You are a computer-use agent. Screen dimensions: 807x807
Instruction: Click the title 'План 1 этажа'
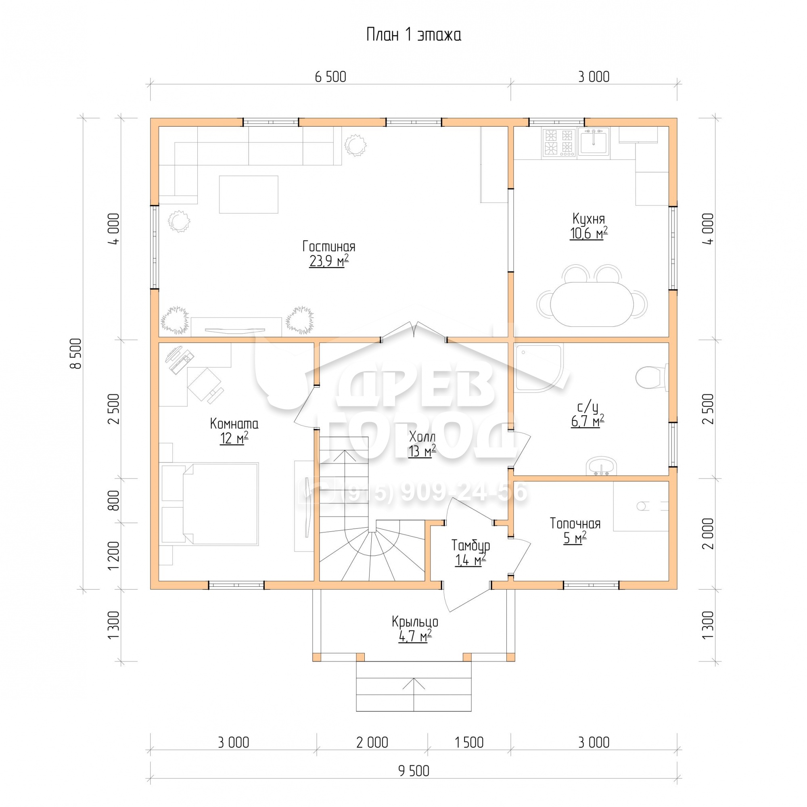pyautogui.click(x=414, y=35)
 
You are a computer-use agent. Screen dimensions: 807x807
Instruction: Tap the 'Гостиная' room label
pyautogui.click(x=329, y=246)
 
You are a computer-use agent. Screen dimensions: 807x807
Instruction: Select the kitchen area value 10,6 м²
pyautogui.click(x=589, y=233)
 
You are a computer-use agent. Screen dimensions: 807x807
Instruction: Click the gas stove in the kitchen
pyautogui.click(x=560, y=142)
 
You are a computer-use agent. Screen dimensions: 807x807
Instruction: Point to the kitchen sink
pyautogui.click(x=594, y=142)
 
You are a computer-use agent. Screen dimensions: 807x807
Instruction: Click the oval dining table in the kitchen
pyautogui.click(x=592, y=305)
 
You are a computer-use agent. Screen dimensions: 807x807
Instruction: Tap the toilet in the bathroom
pyautogui.click(x=652, y=377)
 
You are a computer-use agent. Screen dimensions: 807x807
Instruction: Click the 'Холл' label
pyautogui.click(x=422, y=437)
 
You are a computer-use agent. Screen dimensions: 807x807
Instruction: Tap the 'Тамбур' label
pyautogui.click(x=471, y=545)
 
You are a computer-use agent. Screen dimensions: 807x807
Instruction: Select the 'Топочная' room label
pyautogui.click(x=575, y=523)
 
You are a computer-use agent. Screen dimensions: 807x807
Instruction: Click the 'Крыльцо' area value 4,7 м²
pyautogui.click(x=415, y=636)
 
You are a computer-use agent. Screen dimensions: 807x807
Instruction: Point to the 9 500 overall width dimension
pyautogui.click(x=414, y=771)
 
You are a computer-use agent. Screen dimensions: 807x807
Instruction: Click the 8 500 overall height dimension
pyautogui.click(x=76, y=353)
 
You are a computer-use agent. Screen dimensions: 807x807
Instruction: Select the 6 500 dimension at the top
pyautogui.click(x=330, y=77)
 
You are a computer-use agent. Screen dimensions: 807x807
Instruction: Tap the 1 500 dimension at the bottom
pyautogui.click(x=469, y=742)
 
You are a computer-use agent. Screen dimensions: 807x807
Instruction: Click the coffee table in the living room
pyautogui.click(x=249, y=194)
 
